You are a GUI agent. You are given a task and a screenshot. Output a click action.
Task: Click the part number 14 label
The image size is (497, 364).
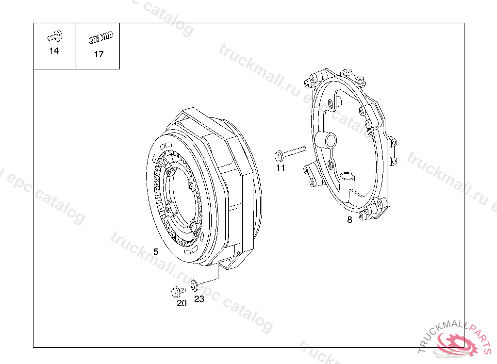tap(54, 51)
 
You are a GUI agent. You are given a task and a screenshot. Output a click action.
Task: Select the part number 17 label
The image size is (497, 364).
tap(99, 54)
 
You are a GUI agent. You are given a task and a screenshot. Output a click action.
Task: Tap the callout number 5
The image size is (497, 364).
tap(156, 252)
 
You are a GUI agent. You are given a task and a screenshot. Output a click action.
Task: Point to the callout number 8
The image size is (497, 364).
tap(349, 220)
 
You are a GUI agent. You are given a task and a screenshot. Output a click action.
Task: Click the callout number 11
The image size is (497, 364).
tap(281, 168)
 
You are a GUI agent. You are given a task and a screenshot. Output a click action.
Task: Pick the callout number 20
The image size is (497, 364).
tap(182, 303)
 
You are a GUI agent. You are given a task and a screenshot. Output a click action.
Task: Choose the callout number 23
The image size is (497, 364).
tap(199, 299)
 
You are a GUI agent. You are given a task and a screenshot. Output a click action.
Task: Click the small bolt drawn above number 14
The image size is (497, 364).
tap(55, 36)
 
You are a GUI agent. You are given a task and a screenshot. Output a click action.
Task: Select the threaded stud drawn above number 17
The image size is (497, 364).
tap(101, 38)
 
